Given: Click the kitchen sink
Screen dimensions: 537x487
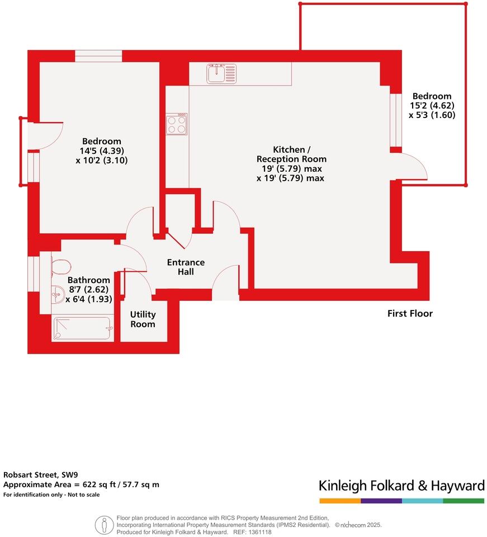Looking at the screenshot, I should [221, 74].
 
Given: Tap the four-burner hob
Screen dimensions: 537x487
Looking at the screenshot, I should [177, 124].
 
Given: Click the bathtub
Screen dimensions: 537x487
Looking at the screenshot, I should [83, 328].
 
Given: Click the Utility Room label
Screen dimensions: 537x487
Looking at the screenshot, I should [143, 319].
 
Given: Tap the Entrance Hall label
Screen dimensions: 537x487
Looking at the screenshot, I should [186, 267].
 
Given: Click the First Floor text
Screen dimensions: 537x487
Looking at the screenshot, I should [410, 313].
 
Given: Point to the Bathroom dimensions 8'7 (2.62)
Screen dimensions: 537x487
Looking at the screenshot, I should [88, 290].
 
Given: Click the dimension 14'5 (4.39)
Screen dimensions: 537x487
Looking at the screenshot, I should [102, 150].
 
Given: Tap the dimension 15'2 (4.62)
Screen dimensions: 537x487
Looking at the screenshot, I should [432, 106].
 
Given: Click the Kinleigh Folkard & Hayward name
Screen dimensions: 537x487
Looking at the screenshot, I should [401, 486].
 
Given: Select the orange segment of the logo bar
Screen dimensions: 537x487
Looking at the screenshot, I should [340, 501].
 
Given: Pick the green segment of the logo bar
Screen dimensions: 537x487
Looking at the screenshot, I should [464, 501].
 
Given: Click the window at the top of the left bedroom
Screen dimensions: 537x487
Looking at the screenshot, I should [98, 56].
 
